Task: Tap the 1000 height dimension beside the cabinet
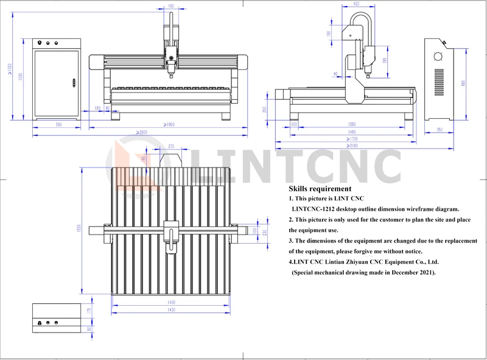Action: (x=20, y=77)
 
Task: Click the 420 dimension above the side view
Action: (x=356, y=4)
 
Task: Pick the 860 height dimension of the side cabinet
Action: (x=463, y=83)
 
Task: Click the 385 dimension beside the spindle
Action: (x=384, y=60)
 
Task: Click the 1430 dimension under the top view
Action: (x=172, y=309)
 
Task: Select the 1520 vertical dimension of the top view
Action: (x=79, y=230)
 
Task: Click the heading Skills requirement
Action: (x=320, y=189)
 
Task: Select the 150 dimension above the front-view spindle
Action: (x=170, y=6)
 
